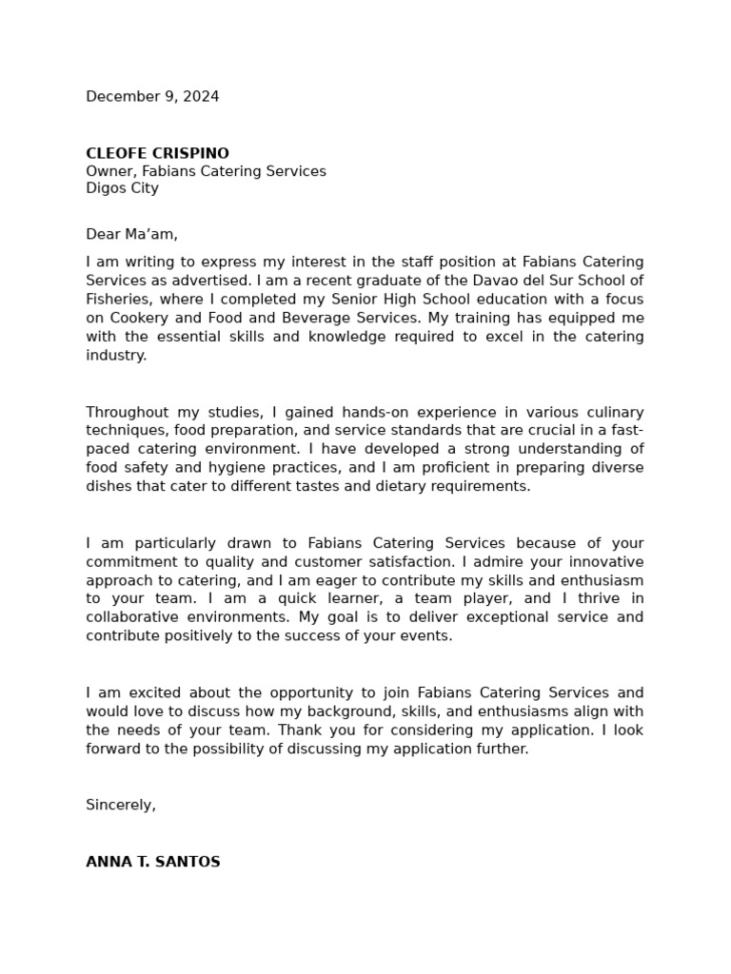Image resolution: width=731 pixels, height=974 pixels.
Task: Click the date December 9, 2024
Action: point(152,96)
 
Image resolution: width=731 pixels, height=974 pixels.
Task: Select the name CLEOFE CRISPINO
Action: point(157,153)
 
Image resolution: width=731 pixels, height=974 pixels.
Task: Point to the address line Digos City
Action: point(122,188)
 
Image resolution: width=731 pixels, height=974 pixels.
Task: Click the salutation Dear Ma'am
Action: point(131,234)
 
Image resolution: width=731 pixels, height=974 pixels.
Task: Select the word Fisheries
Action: point(119,299)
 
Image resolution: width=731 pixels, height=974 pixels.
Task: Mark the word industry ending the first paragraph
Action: point(115,356)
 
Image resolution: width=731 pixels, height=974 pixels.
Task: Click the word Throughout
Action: point(126,412)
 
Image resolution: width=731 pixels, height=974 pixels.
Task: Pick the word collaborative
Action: point(131,617)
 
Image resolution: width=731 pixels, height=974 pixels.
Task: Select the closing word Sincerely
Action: point(120,805)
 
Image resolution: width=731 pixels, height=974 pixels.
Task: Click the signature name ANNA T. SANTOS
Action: point(152,862)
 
